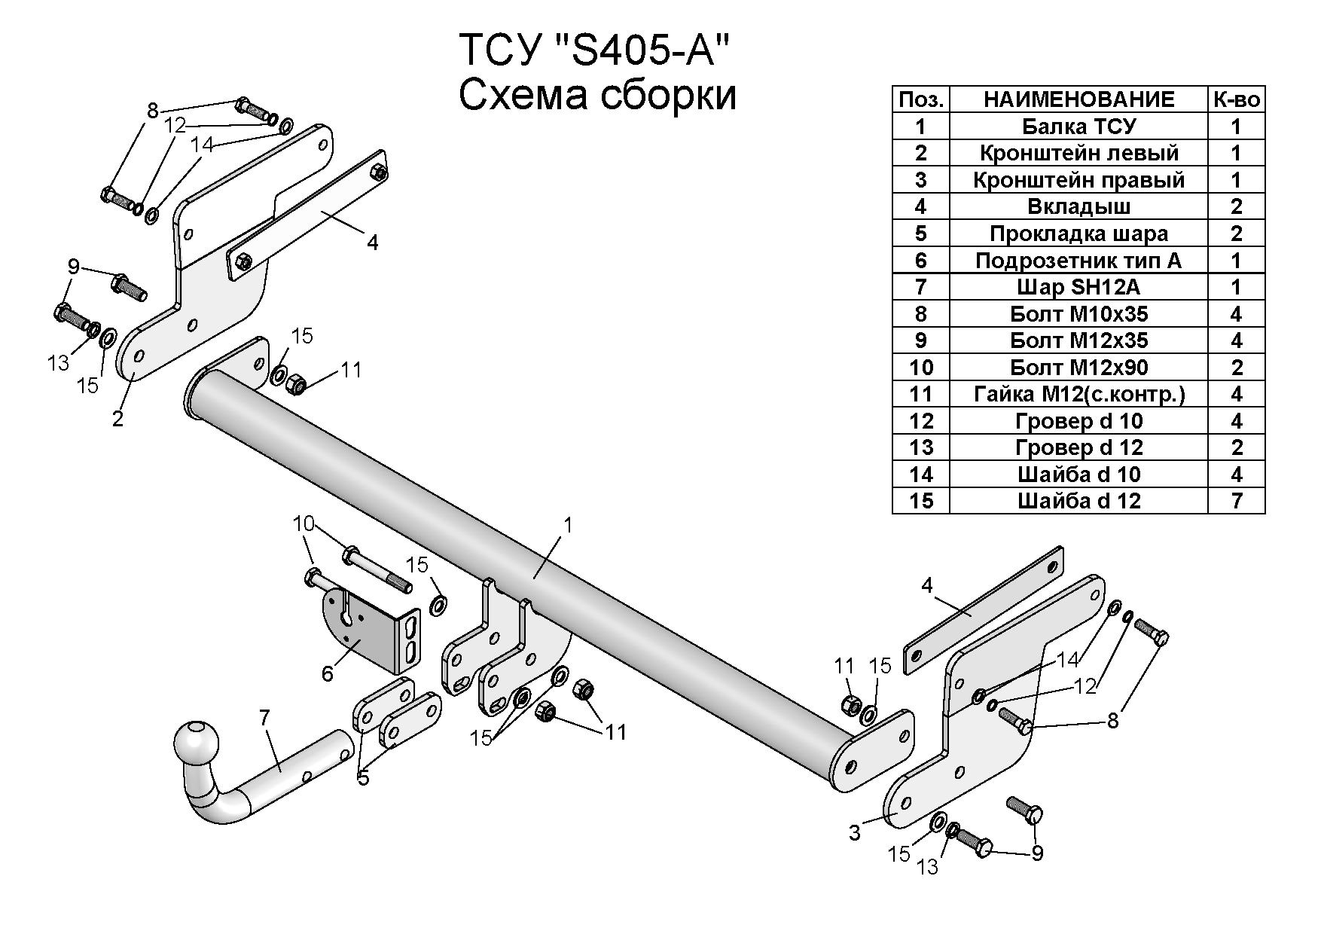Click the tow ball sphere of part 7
(197, 743)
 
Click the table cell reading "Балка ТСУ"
(1078, 127)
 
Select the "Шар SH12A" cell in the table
(1078, 287)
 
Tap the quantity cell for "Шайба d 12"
(1236, 501)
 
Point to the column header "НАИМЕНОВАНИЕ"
(1078, 99)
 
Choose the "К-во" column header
(1236, 99)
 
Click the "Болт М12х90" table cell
(1078, 368)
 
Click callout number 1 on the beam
(568, 524)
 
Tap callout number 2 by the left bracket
(117, 419)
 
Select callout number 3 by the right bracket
(854, 833)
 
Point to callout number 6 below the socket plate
(327, 673)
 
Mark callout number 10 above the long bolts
(304, 523)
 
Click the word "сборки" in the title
(657, 96)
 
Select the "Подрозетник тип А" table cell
(1078, 261)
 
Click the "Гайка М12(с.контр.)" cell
(1078, 394)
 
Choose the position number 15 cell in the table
(920, 501)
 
